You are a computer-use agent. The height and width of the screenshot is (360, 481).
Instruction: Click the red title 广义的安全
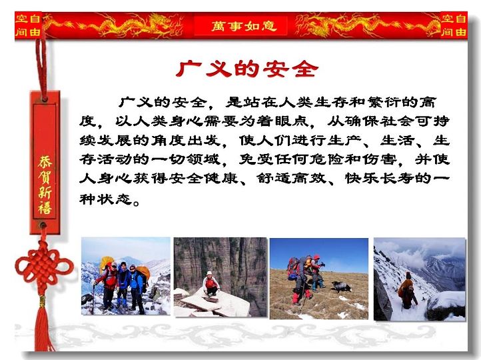(x=247, y=69)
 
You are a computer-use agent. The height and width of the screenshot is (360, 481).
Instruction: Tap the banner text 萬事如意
(x=244, y=26)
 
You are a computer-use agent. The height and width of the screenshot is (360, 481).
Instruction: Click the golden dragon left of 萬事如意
(x=117, y=25)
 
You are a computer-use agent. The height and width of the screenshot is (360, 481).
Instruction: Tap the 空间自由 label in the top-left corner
(x=28, y=25)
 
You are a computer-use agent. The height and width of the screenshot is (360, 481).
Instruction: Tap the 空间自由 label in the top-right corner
(x=454, y=25)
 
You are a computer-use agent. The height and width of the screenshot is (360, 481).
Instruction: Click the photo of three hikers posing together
(x=125, y=276)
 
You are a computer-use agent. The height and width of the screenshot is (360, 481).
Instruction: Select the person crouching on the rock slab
(x=211, y=284)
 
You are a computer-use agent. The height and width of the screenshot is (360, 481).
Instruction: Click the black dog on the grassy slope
(x=341, y=287)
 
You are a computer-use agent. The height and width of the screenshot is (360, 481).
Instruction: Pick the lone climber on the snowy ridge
(x=407, y=291)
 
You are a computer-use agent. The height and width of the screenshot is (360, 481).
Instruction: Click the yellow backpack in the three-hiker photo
(x=106, y=263)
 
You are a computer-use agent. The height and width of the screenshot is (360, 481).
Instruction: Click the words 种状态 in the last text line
(x=105, y=199)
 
